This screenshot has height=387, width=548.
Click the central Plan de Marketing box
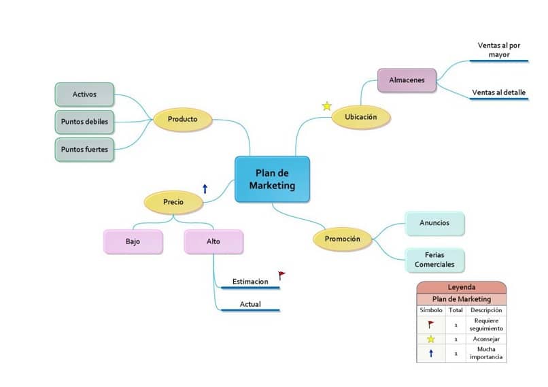[x=272, y=179]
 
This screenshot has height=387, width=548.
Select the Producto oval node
[x=182, y=119]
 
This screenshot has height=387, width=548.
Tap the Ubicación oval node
[x=361, y=117]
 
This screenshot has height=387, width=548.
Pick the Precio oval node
[x=173, y=201]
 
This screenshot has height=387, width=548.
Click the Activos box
[x=84, y=95]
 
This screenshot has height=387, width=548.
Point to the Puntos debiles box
[x=84, y=122]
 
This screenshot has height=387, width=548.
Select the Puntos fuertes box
[x=84, y=149]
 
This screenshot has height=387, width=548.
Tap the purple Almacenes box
[x=407, y=80]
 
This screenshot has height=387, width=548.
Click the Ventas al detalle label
[x=499, y=92]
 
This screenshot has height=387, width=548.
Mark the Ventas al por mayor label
[x=499, y=50]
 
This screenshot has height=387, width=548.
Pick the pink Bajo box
[x=133, y=241]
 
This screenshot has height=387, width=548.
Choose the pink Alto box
[x=213, y=241]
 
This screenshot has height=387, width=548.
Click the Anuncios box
[x=434, y=222]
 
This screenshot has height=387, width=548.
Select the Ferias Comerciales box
[x=434, y=259]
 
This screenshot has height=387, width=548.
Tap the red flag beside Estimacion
[x=281, y=275]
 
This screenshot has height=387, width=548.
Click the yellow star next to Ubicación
[x=327, y=106]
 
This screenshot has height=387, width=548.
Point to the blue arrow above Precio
[x=205, y=188]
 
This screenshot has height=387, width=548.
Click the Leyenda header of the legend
[x=462, y=287]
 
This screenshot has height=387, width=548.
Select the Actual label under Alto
[x=250, y=304]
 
